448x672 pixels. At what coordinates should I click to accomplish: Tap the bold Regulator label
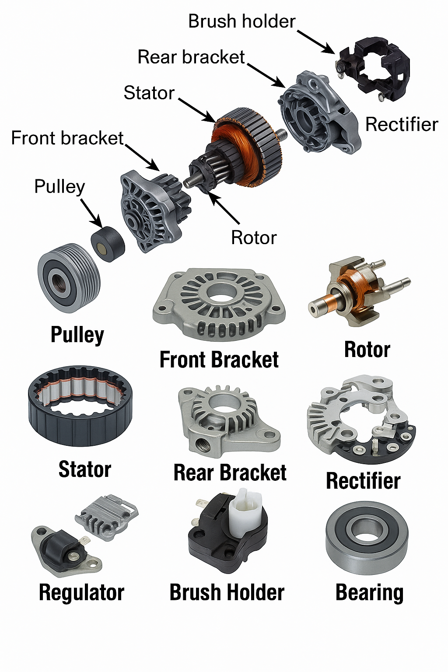pyautogui.click(x=82, y=592)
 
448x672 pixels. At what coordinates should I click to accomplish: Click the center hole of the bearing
pyautogui.click(x=366, y=531)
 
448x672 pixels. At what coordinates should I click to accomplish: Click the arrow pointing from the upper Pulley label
pyautogui.click(x=91, y=213)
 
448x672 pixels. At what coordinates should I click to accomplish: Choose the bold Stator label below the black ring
pyautogui.click(x=85, y=469)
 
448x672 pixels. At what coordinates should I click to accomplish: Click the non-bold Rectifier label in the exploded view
pyautogui.click(x=402, y=125)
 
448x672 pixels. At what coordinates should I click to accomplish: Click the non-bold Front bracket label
pyautogui.click(x=67, y=138)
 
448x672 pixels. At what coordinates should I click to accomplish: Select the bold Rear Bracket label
pyautogui.click(x=230, y=472)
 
